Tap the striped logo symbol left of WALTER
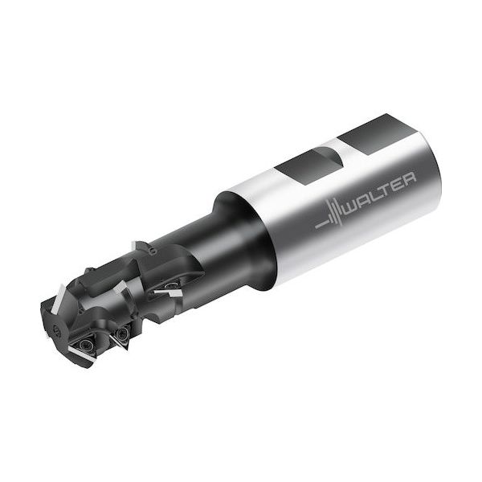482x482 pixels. tap(330, 216)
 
